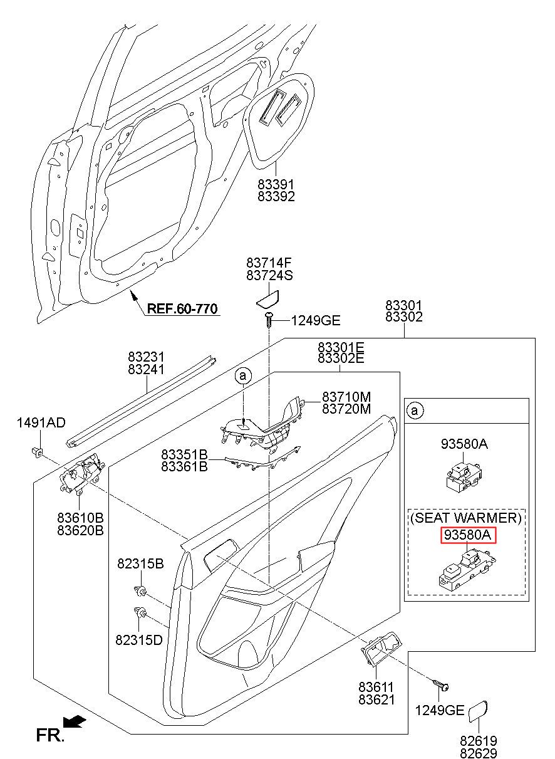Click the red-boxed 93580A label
[x=468, y=535]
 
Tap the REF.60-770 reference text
[x=182, y=309]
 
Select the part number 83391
[x=276, y=184]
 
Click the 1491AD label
[x=41, y=422]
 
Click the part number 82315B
[x=140, y=563]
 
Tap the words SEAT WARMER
[x=466, y=518]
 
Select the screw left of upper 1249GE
[x=269, y=320]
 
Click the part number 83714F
[x=269, y=263]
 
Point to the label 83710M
[x=346, y=397]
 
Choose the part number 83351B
[x=184, y=454]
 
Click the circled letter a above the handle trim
[x=243, y=375]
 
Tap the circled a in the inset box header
[x=415, y=411]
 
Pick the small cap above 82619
[x=478, y=710]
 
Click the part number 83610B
[x=80, y=518]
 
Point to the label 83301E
[x=341, y=347]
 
